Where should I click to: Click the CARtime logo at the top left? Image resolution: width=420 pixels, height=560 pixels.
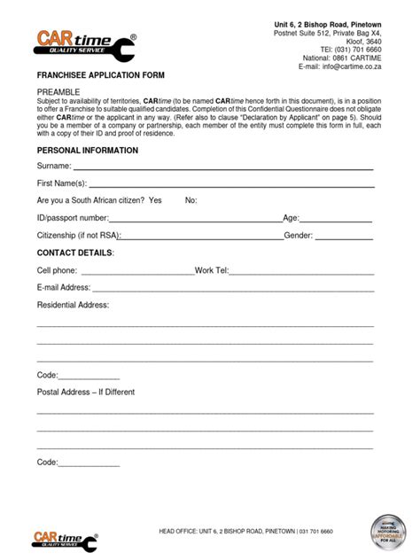[85, 45]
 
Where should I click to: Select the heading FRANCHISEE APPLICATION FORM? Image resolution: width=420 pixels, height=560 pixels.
[100, 76]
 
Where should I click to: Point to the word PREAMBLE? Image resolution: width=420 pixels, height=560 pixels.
[58, 92]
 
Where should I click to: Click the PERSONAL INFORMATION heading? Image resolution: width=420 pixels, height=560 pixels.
[87, 151]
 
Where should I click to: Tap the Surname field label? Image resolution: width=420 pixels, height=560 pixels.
[54, 167]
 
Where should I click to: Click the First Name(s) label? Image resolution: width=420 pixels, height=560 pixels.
[62, 183]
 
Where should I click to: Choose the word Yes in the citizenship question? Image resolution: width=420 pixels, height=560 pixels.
[155, 200]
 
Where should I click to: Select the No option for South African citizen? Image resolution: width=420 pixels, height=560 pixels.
[191, 200]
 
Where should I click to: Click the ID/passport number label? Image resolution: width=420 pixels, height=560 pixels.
[73, 218]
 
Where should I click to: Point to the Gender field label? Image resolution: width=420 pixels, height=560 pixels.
[299, 236]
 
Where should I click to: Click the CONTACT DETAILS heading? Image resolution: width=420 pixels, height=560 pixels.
[75, 253]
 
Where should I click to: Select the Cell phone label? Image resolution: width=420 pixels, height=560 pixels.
[57, 270]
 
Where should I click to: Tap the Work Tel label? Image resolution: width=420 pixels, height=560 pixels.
[213, 270]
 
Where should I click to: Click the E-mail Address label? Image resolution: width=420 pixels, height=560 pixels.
[64, 287]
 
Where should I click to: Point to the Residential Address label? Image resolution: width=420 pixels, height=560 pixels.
[73, 305]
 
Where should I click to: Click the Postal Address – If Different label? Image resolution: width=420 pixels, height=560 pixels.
[86, 392]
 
